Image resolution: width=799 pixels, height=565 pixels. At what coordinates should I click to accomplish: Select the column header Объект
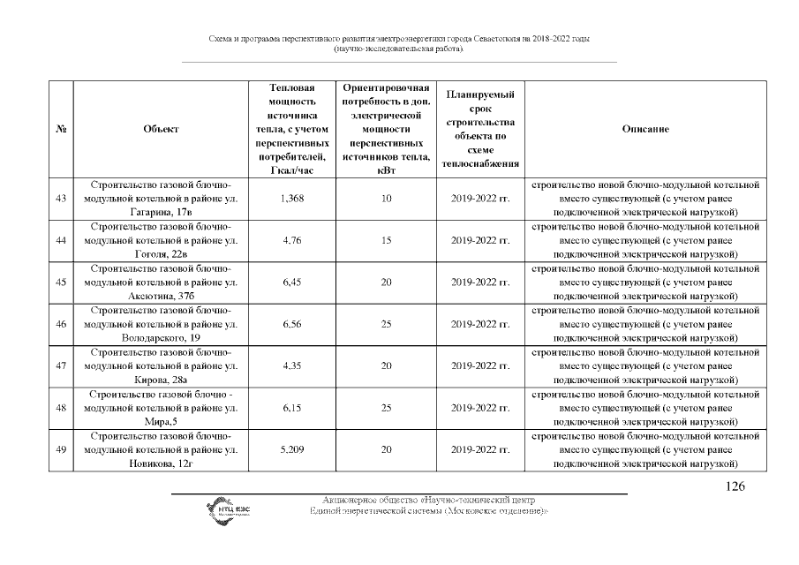(161, 130)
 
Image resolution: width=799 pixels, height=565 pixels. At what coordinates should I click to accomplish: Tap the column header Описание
(645, 130)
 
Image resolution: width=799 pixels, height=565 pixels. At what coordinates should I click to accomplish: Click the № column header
(61, 130)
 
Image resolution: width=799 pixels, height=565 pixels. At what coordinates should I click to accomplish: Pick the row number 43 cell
(61, 199)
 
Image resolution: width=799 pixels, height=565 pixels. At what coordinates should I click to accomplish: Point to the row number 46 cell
(61, 324)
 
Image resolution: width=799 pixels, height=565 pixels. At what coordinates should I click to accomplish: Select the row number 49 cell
(61, 450)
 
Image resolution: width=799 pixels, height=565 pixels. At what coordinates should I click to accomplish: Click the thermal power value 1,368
(291, 199)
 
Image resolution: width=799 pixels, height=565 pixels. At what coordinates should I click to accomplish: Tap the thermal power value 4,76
(291, 240)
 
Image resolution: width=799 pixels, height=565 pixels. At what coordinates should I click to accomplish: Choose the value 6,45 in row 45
(291, 282)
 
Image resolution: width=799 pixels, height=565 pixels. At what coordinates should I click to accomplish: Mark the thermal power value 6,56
(291, 324)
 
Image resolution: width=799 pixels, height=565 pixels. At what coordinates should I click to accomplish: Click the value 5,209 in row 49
(291, 450)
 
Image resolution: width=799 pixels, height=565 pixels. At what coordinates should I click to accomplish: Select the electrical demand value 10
(386, 199)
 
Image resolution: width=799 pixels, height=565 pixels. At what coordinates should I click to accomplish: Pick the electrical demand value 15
(386, 240)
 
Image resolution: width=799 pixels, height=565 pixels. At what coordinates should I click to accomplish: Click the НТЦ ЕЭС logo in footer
(227, 509)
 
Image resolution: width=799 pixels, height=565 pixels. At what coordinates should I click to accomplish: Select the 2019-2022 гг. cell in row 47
(480, 366)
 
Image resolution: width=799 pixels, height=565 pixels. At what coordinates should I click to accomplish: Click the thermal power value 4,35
(291, 366)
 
